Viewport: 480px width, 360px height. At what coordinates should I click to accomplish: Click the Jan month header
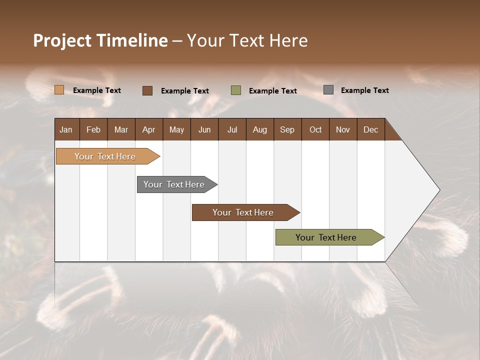[66, 129]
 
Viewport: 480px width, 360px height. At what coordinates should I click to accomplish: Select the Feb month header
[93, 129]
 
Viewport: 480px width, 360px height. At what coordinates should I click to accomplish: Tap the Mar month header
[121, 129]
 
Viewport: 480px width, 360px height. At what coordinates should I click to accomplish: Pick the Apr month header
[149, 129]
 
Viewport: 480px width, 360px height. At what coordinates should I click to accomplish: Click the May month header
[176, 129]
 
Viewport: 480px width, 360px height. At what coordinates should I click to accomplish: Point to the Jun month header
[204, 129]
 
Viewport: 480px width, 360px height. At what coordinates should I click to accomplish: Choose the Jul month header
[232, 129]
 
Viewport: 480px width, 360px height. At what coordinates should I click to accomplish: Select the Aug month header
[260, 129]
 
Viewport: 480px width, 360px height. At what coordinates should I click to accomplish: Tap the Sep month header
[287, 129]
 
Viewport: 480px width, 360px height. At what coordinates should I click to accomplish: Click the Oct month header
[315, 129]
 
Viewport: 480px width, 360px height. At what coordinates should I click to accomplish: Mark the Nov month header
[343, 129]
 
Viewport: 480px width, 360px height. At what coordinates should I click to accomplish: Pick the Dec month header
[371, 129]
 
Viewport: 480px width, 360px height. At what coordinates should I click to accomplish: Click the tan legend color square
[59, 90]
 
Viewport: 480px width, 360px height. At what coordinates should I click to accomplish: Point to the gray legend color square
[328, 90]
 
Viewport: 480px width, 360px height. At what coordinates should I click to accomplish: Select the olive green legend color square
[236, 90]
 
